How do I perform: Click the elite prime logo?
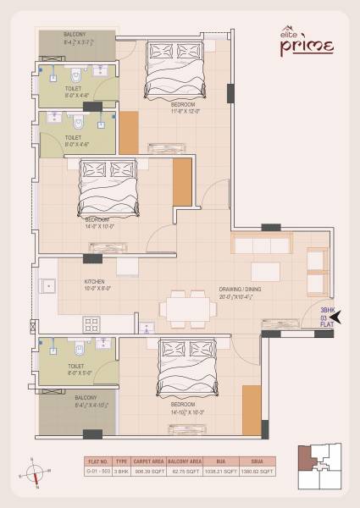pyautogui.click(x=306, y=41)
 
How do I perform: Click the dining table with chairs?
pyautogui.click(x=186, y=308)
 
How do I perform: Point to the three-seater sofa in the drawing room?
pyautogui.click(x=260, y=246)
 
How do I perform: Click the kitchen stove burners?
pyautogui.click(x=91, y=323)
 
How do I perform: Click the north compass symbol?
pyautogui.click(x=36, y=471)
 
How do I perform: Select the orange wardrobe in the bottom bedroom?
pyautogui.click(x=252, y=411)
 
